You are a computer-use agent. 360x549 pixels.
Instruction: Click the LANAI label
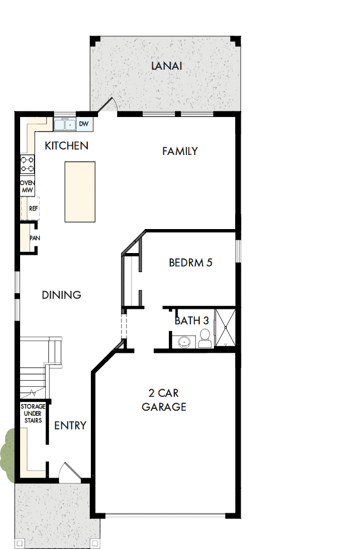(167, 66)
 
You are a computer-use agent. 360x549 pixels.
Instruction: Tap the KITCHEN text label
(66, 146)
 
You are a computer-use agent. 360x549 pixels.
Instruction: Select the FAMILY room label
(180, 151)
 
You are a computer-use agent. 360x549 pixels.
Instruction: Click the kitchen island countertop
(80, 191)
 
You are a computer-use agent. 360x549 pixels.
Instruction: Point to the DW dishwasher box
(84, 124)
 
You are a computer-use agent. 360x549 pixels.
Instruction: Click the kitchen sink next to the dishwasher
(65, 124)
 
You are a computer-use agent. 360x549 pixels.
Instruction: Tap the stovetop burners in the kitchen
(27, 164)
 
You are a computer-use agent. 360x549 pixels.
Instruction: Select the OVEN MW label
(27, 187)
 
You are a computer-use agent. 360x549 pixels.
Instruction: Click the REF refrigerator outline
(31, 208)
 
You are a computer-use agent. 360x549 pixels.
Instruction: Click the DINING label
(62, 295)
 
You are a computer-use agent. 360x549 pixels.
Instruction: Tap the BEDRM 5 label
(191, 263)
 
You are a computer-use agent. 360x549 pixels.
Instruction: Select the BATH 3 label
(192, 320)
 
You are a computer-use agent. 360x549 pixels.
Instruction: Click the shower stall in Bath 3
(225, 328)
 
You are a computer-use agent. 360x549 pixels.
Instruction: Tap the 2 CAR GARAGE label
(164, 400)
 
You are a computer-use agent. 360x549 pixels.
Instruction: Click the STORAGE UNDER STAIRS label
(33, 414)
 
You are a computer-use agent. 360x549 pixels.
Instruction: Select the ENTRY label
(70, 426)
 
